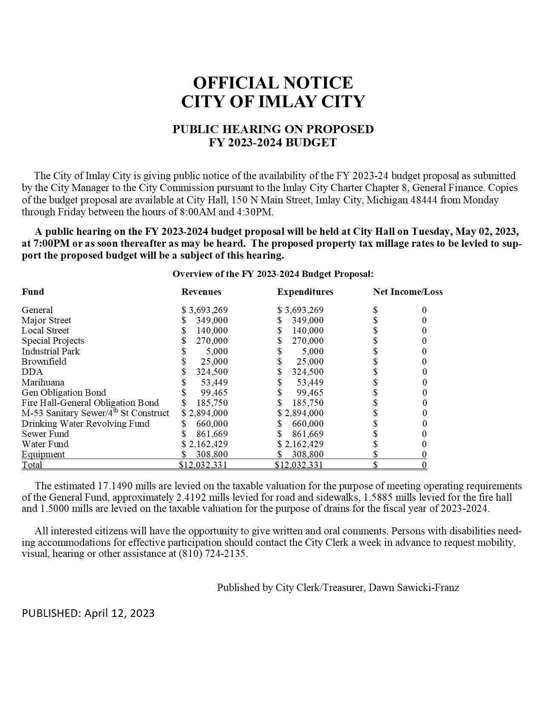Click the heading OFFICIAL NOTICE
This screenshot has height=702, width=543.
pos(273,83)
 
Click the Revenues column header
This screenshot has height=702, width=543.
pos(201,292)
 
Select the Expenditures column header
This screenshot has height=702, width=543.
pos(305,292)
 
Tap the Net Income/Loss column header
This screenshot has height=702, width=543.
pos(408,292)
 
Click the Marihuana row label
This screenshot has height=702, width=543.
pos(43,382)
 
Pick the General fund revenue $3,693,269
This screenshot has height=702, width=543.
pos(204,310)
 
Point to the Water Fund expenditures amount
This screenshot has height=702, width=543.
pos(301,444)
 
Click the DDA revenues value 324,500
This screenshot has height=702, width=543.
pos(212,372)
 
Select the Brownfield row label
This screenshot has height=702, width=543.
pos(44,362)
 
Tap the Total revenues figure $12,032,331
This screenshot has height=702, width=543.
pos(203,465)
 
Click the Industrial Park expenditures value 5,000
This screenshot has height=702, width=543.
pos(313,351)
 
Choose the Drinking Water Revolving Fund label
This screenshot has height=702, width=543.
pos(86,424)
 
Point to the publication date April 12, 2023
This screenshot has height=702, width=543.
pos(119,613)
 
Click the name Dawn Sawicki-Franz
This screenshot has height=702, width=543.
pos(414,588)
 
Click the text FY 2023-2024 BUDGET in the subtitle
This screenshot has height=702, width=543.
pos(273,143)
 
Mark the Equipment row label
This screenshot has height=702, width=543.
pos(43,454)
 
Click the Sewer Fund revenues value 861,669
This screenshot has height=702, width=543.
pos(212,434)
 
